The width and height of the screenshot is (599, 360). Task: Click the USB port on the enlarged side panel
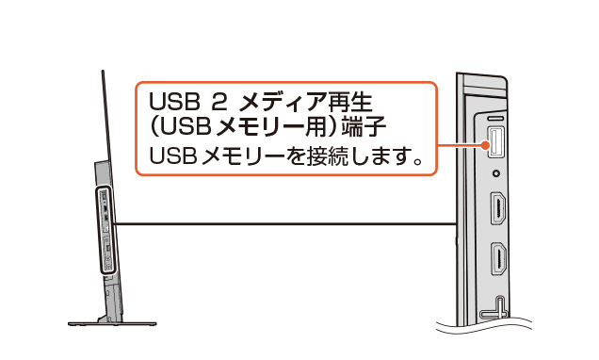click(494, 142)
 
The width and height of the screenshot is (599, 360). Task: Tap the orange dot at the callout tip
click(485, 145)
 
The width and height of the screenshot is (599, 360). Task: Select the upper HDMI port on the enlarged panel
click(498, 208)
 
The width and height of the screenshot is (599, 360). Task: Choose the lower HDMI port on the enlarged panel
click(498, 259)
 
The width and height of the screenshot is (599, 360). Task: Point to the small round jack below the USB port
click(496, 173)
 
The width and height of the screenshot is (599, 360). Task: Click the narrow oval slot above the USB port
click(495, 119)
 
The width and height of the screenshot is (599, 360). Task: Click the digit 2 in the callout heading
click(219, 102)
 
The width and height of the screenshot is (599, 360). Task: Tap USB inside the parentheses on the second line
click(185, 127)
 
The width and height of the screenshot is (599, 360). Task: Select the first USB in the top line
click(175, 102)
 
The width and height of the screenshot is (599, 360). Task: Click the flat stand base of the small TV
click(112, 323)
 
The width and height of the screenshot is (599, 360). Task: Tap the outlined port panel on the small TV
click(106, 230)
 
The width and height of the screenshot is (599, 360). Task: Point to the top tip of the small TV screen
click(103, 71)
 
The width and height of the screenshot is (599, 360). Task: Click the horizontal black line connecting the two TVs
click(285, 224)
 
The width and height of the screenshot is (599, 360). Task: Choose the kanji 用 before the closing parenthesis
click(317, 126)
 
